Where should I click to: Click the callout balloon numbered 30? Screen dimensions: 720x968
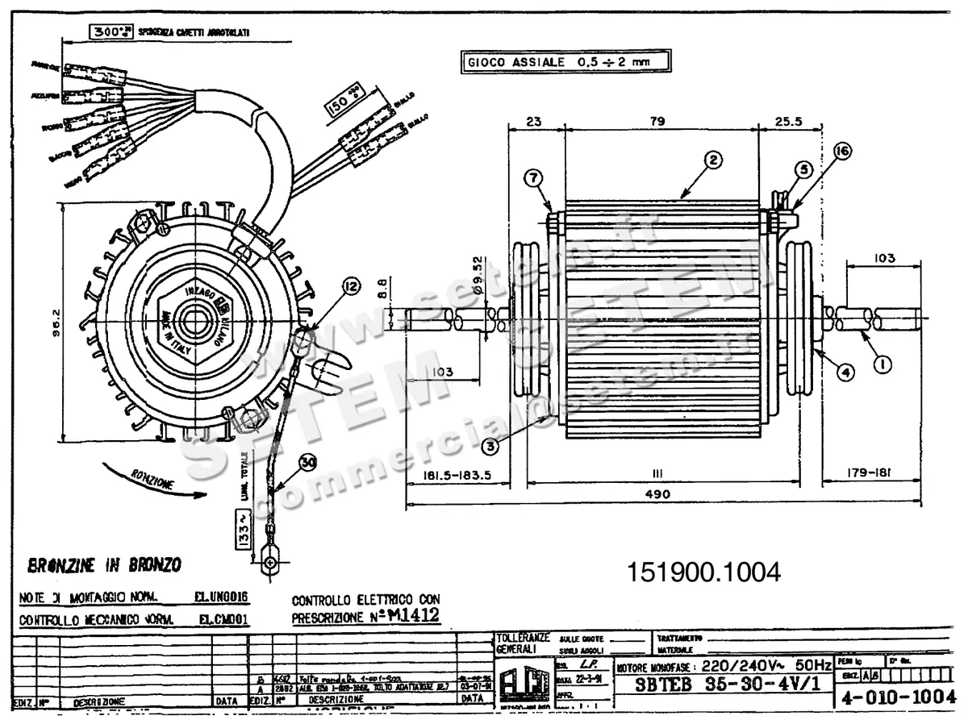pos(307,463)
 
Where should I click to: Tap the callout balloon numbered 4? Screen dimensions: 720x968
pos(845,372)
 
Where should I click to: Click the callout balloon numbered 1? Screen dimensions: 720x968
pos(882,365)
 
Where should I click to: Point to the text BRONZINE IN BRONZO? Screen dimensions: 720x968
pos(103,564)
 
